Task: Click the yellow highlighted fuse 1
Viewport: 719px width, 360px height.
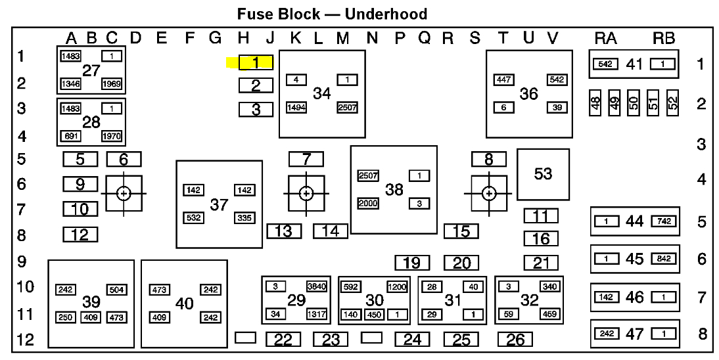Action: [256, 63]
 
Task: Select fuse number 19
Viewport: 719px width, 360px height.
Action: [411, 263]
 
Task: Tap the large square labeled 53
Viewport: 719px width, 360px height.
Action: [543, 174]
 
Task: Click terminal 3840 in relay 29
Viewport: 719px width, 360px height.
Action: [315, 286]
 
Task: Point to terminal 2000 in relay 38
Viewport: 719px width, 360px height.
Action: [368, 204]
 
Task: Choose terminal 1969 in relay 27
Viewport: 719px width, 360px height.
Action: [112, 84]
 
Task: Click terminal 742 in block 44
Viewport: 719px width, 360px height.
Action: [664, 221]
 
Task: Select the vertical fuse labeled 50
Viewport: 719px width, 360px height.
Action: [634, 103]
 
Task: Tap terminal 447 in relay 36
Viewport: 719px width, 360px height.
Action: [504, 80]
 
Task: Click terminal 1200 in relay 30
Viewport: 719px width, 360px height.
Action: [397, 286]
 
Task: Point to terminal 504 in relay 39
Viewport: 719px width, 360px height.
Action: [117, 290]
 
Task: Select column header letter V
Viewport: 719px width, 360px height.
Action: [553, 39]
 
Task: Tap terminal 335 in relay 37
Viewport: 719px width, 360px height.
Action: [244, 217]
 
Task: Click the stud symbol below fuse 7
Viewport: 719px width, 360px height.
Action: [306, 193]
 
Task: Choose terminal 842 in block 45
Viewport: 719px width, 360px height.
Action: [664, 259]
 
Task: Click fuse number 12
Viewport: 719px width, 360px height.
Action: [80, 235]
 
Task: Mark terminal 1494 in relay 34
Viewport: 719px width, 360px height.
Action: [296, 108]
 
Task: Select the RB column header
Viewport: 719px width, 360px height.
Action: [664, 39]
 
